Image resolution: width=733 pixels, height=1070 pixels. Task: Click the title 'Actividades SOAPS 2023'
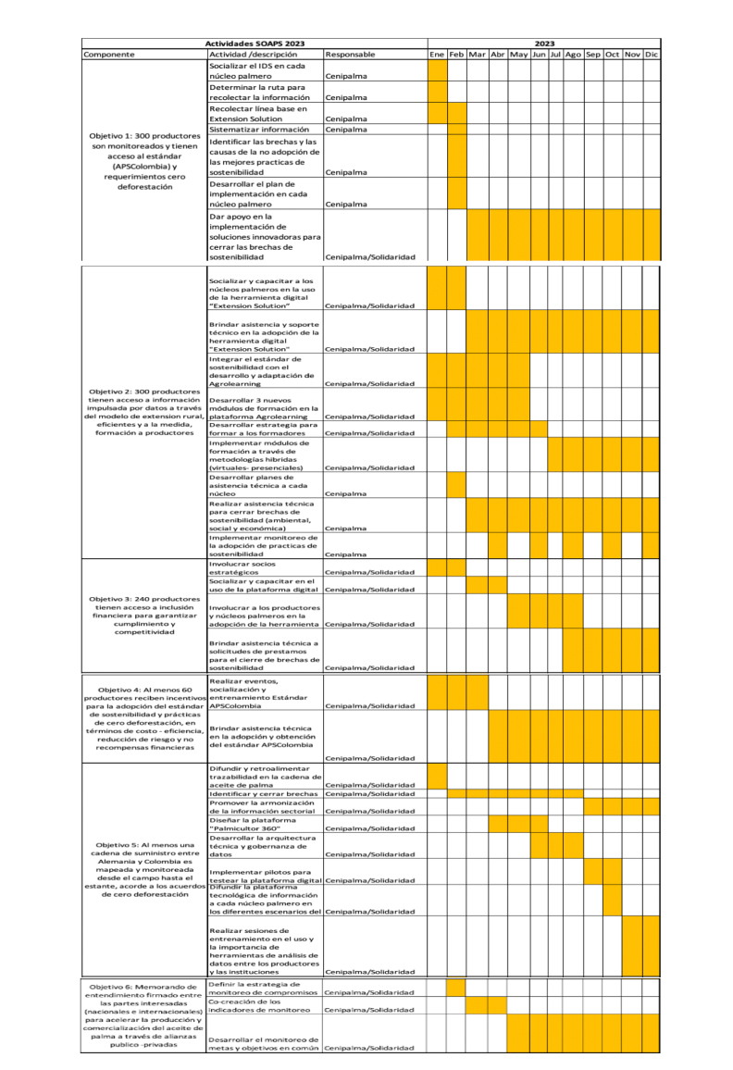[255, 44]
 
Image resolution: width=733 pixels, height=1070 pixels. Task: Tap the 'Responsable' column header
[350, 55]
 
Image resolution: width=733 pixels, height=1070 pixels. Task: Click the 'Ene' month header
[437, 55]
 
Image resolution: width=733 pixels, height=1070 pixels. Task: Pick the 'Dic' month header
[652, 55]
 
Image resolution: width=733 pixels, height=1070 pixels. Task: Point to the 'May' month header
[518, 55]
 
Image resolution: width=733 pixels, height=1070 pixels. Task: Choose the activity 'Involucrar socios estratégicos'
[244, 566]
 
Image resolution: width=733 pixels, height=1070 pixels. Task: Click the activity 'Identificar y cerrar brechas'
[264, 793]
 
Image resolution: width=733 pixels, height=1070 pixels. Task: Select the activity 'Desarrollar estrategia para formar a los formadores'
[264, 429]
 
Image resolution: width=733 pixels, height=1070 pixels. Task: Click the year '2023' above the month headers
[544, 44]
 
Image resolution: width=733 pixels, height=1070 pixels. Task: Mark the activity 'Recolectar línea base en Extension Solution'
[246, 114]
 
